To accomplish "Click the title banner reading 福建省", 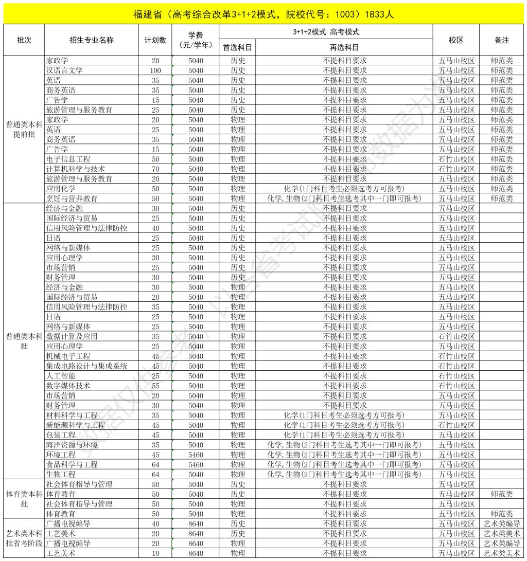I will click(x=263, y=14).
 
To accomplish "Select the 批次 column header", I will click(x=24, y=40).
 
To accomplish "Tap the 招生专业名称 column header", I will click(x=92, y=40).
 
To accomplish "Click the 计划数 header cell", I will click(x=155, y=40).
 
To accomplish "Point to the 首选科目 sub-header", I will click(x=237, y=47).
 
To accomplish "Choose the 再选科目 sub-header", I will click(x=344, y=47).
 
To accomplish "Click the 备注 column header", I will click(x=501, y=40).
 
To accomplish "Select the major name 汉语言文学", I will click(x=64, y=70).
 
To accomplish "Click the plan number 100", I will click(x=155, y=70).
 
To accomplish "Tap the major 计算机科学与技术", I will click(x=76, y=169).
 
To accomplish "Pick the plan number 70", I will click(x=155, y=169).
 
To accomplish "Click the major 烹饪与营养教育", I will click(x=72, y=198).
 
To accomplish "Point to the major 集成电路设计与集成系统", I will click(x=86, y=366).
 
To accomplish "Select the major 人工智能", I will click(x=61, y=376).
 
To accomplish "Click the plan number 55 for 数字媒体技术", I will click(x=155, y=386).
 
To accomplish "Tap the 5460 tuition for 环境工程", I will click(x=196, y=455).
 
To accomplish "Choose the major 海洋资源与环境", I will click(x=72, y=445).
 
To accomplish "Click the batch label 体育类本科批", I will click(x=24, y=499).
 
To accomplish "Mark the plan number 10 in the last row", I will click(x=155, y=553).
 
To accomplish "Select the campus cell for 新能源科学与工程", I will click(x=456, y=425).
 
